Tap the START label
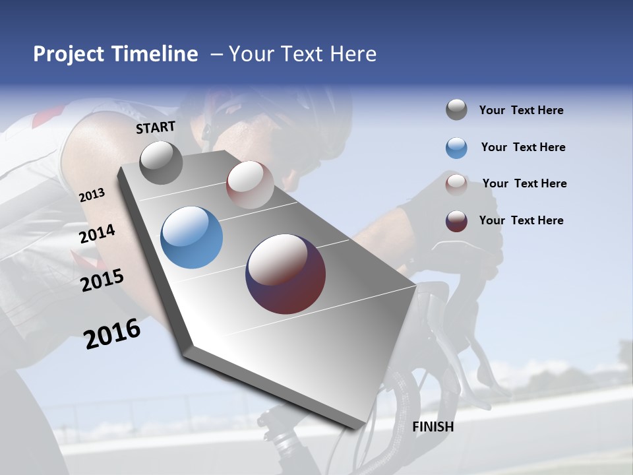[156, 127]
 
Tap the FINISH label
[433, 427]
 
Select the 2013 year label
[92, 195]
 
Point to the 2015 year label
[102, 280]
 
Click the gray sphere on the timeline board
[161, 163]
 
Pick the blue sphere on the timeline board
[191, 237]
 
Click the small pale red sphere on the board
[250, 185]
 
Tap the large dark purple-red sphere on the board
[286, 274]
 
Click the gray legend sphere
[456, 110]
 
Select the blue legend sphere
[456, 148]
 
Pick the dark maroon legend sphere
[456, 221]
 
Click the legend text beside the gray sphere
[521, 111]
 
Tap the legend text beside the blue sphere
[523, 147]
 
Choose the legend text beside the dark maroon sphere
[521, 220]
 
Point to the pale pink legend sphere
[456, 184]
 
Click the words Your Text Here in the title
[302, 54]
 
